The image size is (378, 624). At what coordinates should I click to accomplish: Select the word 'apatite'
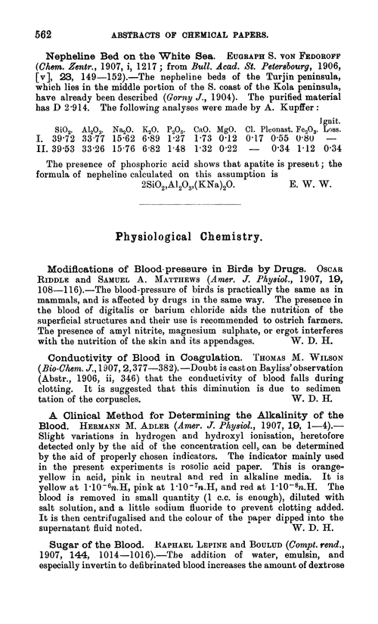point(282,172)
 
